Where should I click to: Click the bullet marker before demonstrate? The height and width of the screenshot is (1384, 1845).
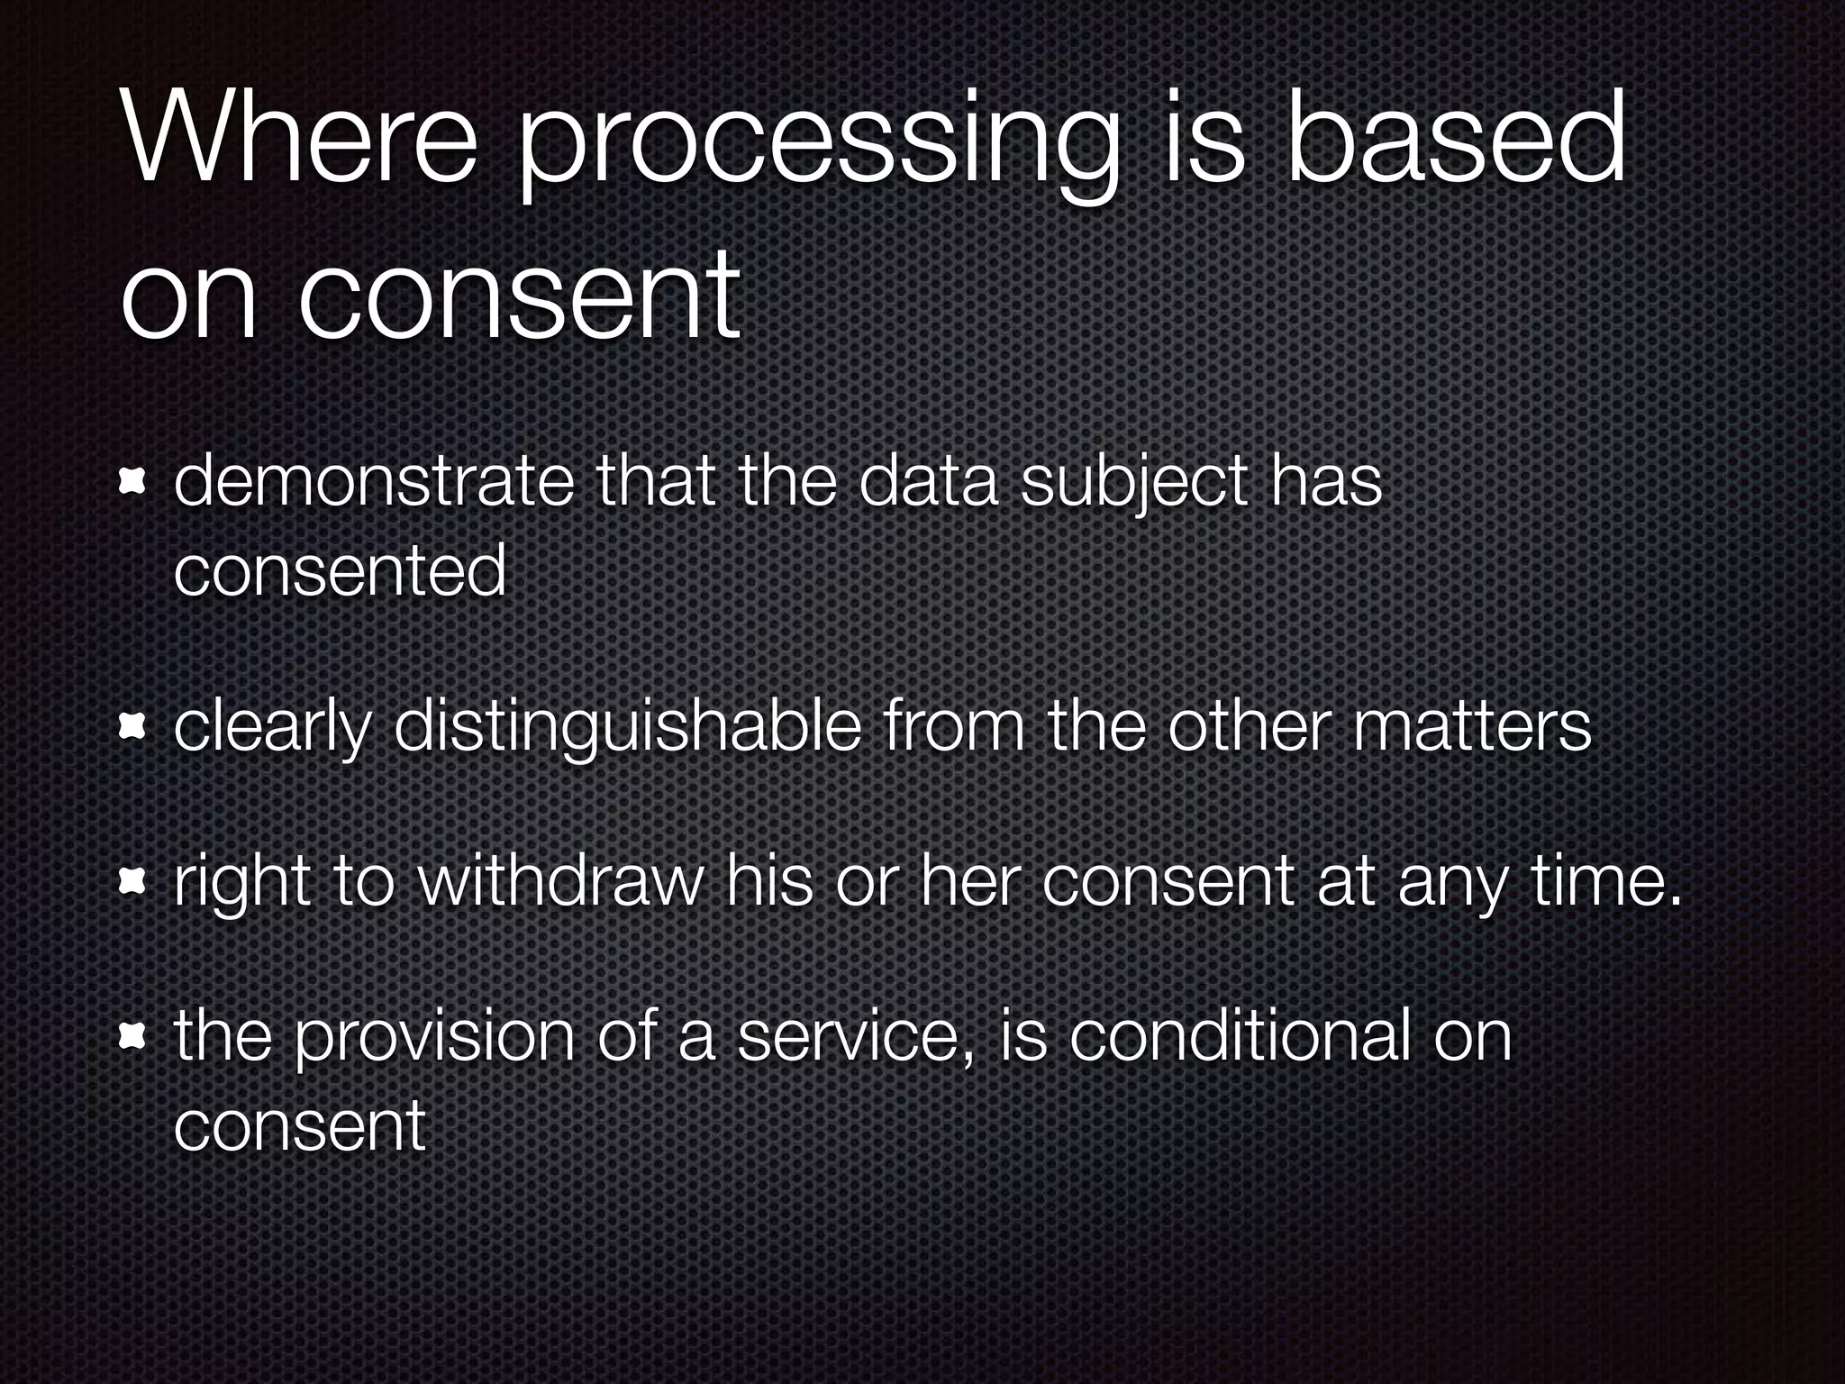[x=132, y=486]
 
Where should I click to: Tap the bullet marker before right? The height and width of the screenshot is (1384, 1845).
[x=132, y=882]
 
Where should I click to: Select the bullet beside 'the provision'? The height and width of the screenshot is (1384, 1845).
[x=132, y=1038]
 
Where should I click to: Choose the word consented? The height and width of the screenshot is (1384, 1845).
[x=340, y=571]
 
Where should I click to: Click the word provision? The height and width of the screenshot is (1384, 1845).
[x=435, y=1039]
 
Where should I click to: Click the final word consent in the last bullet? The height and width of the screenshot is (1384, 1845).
[x=299, y=1126]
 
